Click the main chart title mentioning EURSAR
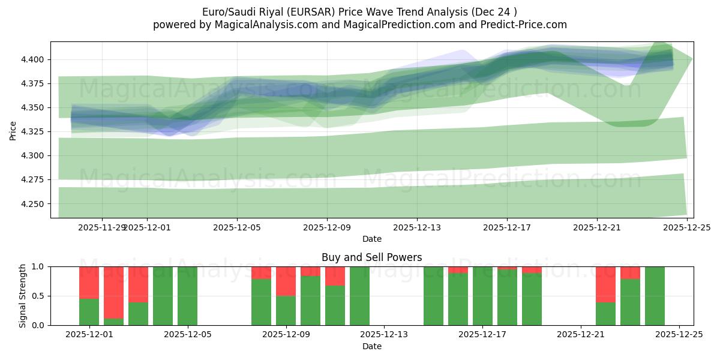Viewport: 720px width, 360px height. click(x=359, y=11)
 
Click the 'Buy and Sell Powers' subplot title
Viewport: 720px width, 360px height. click(x=371, y=257)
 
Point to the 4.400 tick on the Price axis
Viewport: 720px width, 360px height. click(x=34, y=59)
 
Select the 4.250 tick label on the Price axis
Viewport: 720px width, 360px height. click(x=34, y=204)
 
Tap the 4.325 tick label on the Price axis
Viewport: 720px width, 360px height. click(x=34, y=131)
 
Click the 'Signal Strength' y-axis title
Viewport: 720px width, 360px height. click(x=22, y=296)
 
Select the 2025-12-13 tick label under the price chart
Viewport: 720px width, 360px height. click(x=417, y=228)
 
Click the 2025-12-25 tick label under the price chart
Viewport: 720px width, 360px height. click(x=687, y=228)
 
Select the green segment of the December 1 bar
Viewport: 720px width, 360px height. click(x=89, y=311)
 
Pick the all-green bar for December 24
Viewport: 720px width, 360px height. click(x=655, y=296)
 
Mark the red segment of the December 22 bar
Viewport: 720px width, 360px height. click(x=605, y=284)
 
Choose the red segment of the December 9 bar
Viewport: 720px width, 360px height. click(x=286, y=281)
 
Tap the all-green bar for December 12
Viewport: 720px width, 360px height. click(x=359, y=296)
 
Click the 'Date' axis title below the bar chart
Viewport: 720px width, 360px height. click(x=371, y=346)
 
